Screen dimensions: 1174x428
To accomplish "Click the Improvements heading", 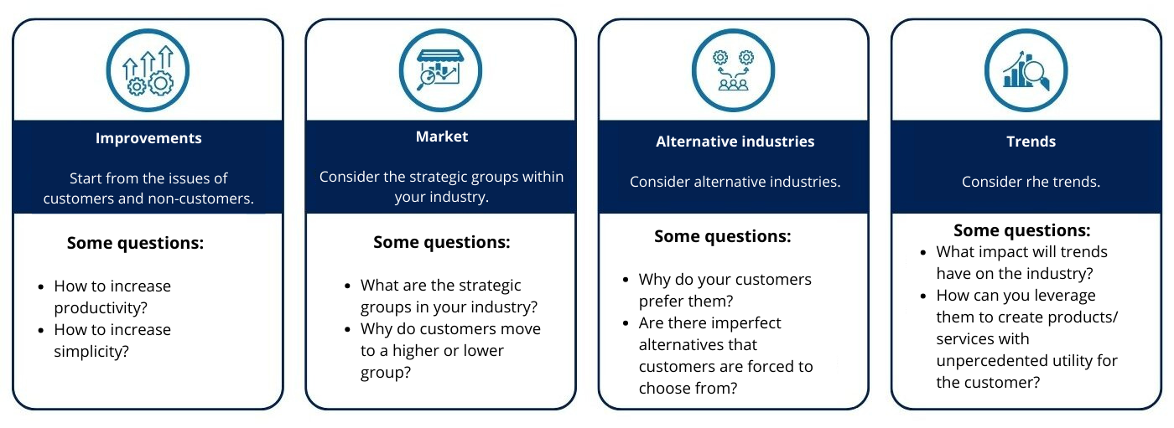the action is pyautogui.click(x=148, y=138).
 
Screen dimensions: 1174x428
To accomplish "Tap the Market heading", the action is pyautogui.click(x=442, y=137).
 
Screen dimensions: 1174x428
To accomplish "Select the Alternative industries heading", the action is pyautogui.click(x=735, y=142).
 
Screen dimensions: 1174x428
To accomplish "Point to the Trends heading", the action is pyautogui.click(x=1031, y=142).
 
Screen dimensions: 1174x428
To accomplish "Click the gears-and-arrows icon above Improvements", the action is pyautogui.click(x=148, y=70).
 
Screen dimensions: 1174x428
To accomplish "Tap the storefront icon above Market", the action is pyautogui.click(x=440, y=70).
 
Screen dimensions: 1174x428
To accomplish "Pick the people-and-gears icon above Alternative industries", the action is pyautogui.click(x=733, y=70).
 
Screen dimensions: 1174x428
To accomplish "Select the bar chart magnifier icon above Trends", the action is pyautogui.click(x=1026, y=70).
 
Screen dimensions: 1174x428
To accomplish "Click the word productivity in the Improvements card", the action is pyautogui.click(x=101, y=308).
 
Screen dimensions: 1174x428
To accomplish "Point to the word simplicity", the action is pyautogui.click(x=91, y=352).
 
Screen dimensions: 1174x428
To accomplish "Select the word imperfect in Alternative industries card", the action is pyautogui.click(x=748, y=323).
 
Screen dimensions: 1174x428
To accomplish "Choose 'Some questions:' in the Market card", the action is pyautogui.click(x=441, y=242).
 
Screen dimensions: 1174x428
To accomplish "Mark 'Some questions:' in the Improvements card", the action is pyautogui.click(x=135, y=243).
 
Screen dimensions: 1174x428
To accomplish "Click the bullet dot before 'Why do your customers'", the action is pyautogui.click(x=626, y=281).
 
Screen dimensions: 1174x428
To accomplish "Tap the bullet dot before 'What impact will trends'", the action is pyautogui.click(x=923, y=253).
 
